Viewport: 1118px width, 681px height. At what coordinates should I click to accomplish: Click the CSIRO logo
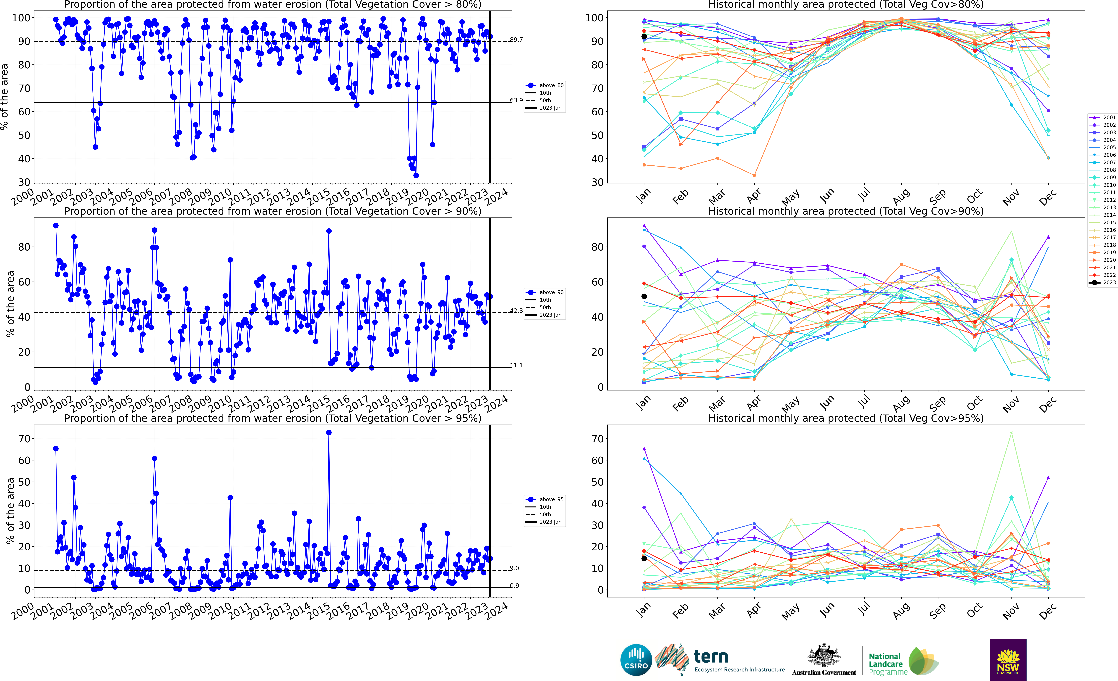pyautogui.click(x=636, y=660)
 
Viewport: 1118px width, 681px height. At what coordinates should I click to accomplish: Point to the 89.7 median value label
pyautogui.click(x=516, y=40)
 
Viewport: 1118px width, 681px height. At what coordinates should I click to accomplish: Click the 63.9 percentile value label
pyautogui.click(x=516, y=100)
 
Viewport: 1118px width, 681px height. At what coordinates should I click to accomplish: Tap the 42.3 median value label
pyautogui.click(x=516, y=311)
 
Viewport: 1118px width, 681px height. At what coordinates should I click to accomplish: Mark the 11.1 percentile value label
pyautogui.click(x=516, y=366)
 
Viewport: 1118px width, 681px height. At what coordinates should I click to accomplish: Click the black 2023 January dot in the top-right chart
pyautogui.click(x=644, y=36)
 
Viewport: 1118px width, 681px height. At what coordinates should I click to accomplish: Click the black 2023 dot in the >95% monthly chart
pyautogui.click(x=644, y=558)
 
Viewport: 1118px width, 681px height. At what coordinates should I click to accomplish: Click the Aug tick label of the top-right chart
pyautogui.click(x=901, y=196)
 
